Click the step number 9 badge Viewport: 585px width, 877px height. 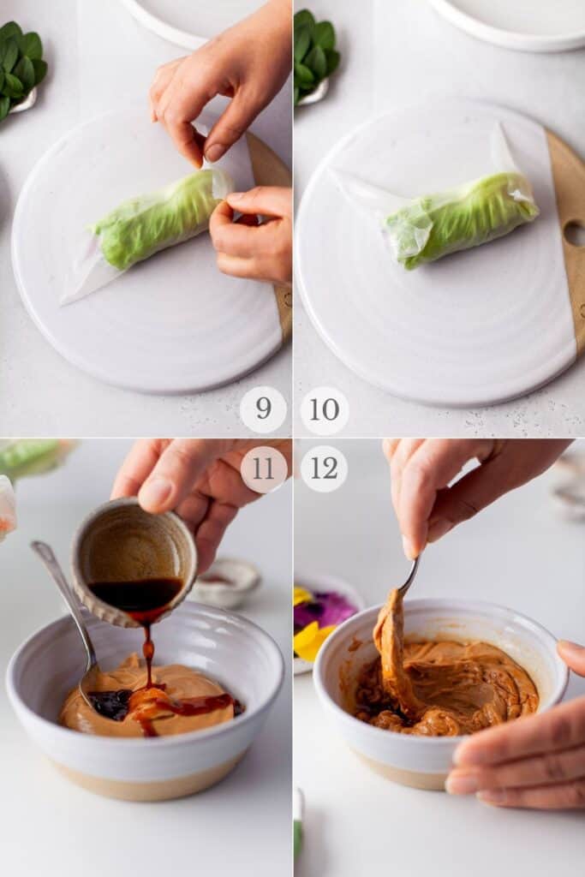point(263,409)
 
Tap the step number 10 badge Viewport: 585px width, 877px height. point(325,410)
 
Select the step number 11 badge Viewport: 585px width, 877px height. point(264,469)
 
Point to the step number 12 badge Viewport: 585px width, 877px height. point(324,469)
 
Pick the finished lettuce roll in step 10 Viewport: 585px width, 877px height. point(458,218)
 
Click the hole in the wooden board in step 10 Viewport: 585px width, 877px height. point(574,233)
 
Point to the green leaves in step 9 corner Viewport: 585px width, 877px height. point(19,64)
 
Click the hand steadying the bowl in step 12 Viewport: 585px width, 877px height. point(522,745)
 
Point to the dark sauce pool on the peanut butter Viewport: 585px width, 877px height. point(110,703)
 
